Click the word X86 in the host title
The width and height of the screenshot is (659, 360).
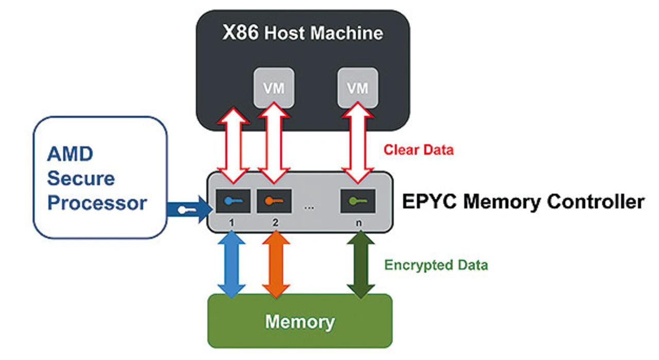coord(241,33)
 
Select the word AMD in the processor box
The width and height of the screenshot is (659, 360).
coord(70,154)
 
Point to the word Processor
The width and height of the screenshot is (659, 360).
coord(97,202)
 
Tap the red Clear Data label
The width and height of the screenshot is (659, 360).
coord(419,150)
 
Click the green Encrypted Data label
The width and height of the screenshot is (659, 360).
coord(436,265)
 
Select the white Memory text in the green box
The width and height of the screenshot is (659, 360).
coord(300,322)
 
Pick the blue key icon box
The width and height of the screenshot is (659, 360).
coord(233,201)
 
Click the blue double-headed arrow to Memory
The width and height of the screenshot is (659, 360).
coord(232,264)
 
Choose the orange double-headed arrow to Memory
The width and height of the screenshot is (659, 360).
coord(276,264)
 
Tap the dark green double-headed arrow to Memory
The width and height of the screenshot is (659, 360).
coord(361,264)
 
